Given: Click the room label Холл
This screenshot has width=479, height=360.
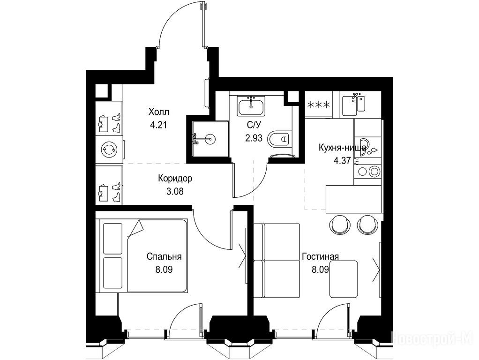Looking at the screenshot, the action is [158, 112].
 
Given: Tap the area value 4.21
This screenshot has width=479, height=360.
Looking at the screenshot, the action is [158, 125].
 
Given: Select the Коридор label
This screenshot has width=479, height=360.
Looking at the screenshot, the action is [175, 178].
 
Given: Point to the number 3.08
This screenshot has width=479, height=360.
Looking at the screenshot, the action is [175, 191].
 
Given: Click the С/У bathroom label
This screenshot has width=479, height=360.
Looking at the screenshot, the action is [254, 125].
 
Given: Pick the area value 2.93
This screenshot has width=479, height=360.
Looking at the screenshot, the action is [254, 138].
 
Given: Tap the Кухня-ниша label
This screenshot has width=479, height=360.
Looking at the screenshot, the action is [342, 148].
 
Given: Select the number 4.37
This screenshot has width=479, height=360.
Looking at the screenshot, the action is [342, 161].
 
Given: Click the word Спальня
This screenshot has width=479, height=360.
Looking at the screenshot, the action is [164, 256].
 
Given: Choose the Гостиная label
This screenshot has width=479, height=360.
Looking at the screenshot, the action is [320, 256].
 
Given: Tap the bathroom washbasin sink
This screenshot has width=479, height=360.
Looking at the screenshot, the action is [251, 106].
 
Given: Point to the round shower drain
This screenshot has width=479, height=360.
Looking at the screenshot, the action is [211, 139].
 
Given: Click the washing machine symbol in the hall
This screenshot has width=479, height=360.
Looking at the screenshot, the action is [109, 150].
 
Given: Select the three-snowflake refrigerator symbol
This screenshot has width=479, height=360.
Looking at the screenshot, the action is [318, 105].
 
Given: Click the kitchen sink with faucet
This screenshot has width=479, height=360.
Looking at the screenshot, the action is [354, 105].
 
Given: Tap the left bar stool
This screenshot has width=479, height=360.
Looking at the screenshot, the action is [339, 224].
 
